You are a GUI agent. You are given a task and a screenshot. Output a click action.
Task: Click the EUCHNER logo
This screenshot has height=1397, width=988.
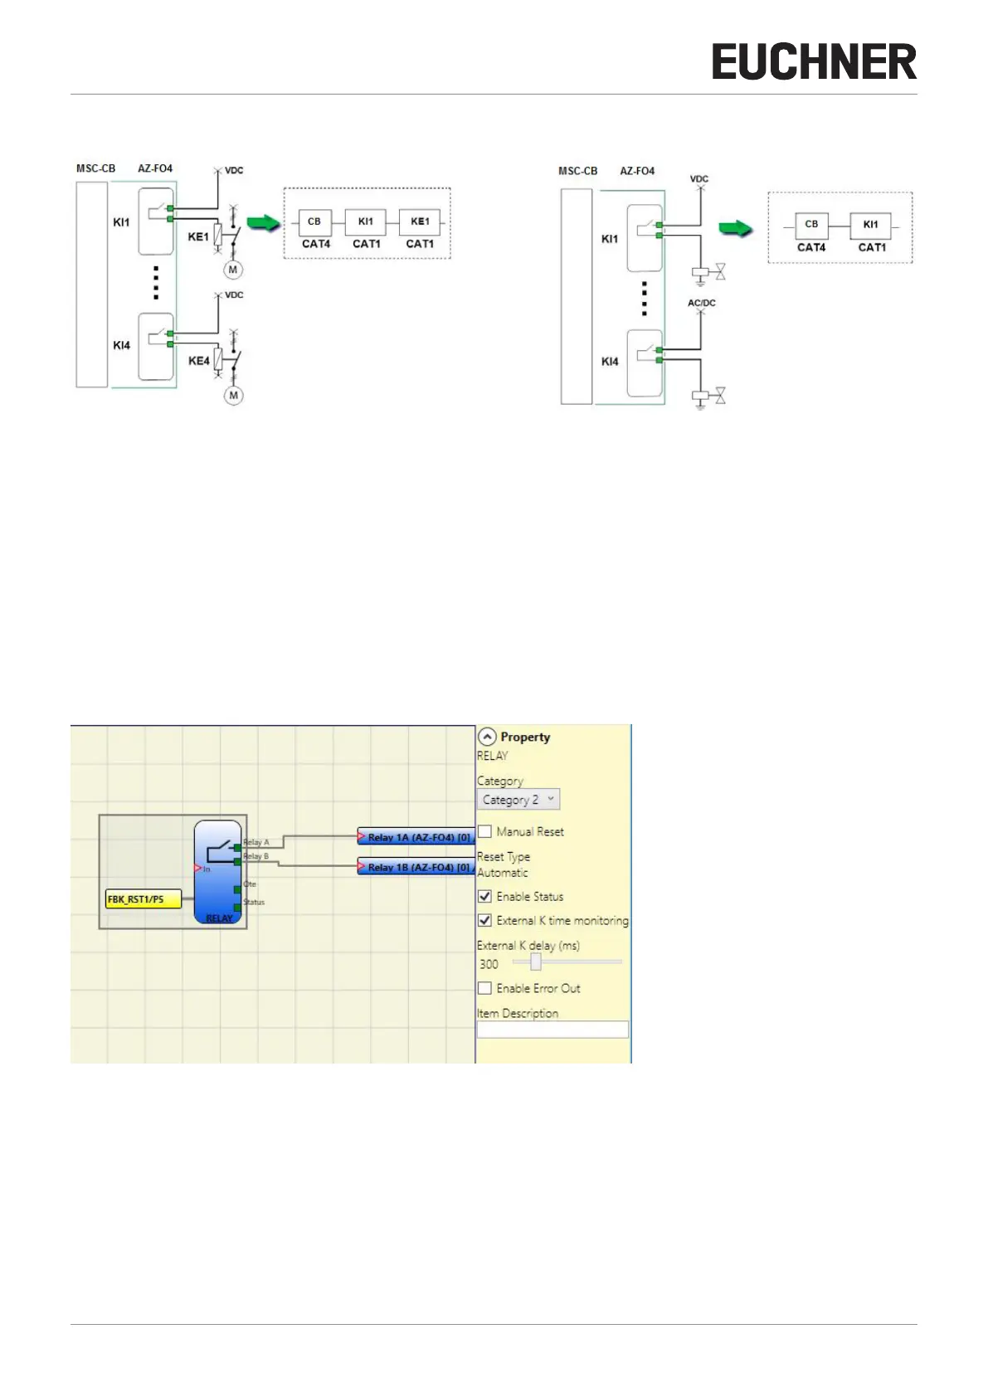[x=814, y=62]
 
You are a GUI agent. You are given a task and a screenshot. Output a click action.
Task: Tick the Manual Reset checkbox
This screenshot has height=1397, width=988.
[x=485, y=831]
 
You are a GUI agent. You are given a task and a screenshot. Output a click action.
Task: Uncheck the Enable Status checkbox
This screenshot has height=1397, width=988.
[x=485, y=896]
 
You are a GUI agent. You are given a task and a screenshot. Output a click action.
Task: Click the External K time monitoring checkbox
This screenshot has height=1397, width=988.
[x=485, y=920]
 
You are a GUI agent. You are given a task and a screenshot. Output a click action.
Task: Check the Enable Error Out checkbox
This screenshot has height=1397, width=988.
[x=485, y=988]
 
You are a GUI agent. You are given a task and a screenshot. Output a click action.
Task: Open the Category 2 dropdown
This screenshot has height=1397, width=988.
[x=518, y=800]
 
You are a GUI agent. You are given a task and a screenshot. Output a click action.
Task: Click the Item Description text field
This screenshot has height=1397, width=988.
[x=552, y=1029]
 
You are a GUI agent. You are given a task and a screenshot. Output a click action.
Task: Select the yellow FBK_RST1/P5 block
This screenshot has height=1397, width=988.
[x=143, y=899]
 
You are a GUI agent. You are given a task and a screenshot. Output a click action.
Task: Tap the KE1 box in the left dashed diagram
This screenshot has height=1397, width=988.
[x=420, y=222]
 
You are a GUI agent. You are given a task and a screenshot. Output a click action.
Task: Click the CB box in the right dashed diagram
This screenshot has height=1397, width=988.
[x=811, y=225]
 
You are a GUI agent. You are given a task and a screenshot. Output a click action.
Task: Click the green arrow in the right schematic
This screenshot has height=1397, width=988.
[x=735, y=228]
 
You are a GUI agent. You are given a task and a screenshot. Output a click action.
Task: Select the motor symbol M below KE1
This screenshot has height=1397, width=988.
[x=233, y=270]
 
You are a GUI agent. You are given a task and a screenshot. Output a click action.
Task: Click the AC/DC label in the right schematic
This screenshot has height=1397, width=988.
[x=702, y=303]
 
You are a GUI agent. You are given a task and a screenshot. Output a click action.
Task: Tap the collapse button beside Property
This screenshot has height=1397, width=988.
[x=487, y=737]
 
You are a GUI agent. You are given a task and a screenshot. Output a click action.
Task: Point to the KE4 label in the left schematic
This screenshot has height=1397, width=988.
[x=199, y=361]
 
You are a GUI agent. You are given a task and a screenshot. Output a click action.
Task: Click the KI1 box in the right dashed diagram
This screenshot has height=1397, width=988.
[x=870, y=225]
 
